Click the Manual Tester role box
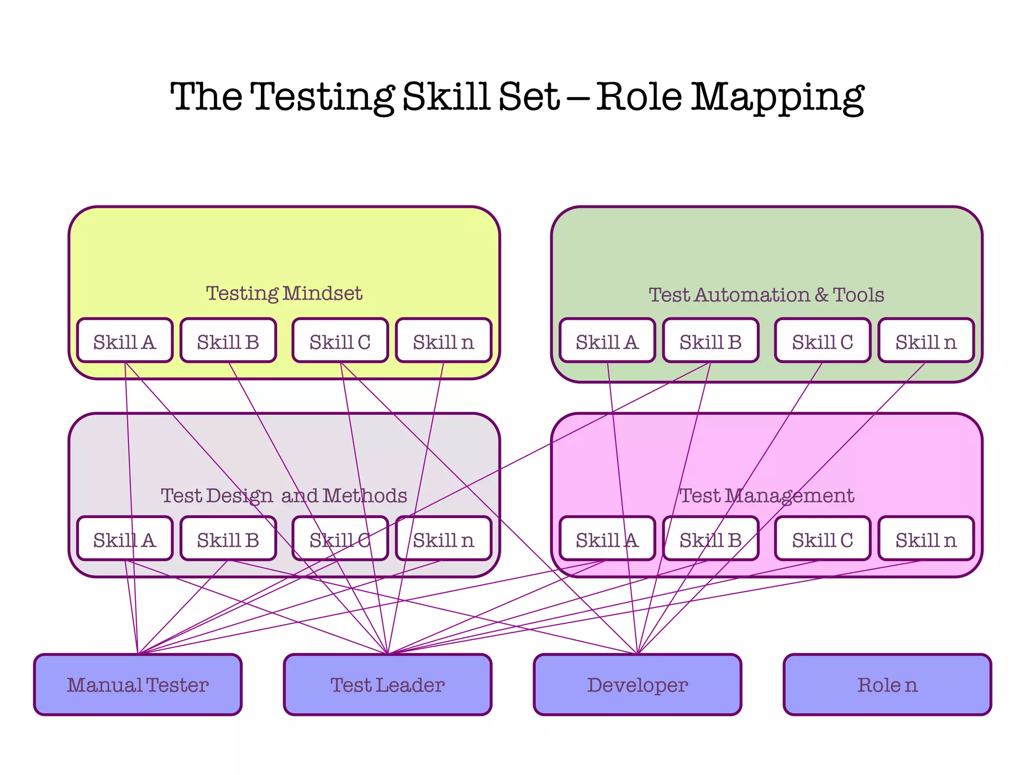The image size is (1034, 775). click(x=138, y=685)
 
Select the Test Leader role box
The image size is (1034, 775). click(x=387, y=685)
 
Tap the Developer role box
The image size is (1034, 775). click(x=637, y=685)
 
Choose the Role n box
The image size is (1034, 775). click(x=887, y=685)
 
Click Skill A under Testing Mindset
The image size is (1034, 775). click(x=125, y=341)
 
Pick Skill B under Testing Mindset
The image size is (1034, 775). click(x=228, y=341)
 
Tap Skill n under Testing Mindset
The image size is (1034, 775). click(x=443, y=341)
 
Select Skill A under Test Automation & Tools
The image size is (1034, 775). click(x=607, y=341)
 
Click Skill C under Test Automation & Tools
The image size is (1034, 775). click(x=822, y=341)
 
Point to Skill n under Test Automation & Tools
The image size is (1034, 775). click(x=926, y=341)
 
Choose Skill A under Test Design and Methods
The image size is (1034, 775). click(x=125, y=539)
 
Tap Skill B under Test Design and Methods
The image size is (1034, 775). click(x=228, y=539)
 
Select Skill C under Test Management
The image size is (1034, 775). click(x=822, y=539)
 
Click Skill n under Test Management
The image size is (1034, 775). click(x=926, y=539)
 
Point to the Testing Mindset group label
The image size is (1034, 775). click(x=284, y=293)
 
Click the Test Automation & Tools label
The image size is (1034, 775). click(x=766, y=295)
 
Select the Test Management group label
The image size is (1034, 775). click(x=766, y=495)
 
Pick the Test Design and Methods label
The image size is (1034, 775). click(x=284, y=495)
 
